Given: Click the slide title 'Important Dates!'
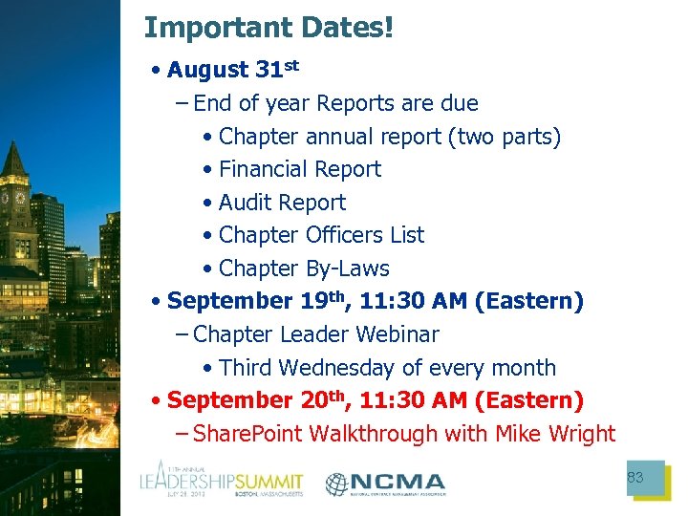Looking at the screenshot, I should [269, 27].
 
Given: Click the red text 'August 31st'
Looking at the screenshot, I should [232, 71].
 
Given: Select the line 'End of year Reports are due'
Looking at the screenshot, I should [335, 103].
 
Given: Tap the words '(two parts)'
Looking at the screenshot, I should [504, 137].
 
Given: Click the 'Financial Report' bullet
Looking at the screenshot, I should [299, 169].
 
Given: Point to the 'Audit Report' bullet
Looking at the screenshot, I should [282, 203].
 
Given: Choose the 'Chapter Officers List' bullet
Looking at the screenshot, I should [321, 235].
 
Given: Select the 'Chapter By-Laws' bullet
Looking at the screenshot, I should [304, 269].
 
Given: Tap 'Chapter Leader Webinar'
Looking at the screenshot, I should [315, 334].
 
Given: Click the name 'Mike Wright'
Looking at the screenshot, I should [555, 434].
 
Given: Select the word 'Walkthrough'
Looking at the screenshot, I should [366, 434].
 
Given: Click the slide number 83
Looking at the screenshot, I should [634, 478].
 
